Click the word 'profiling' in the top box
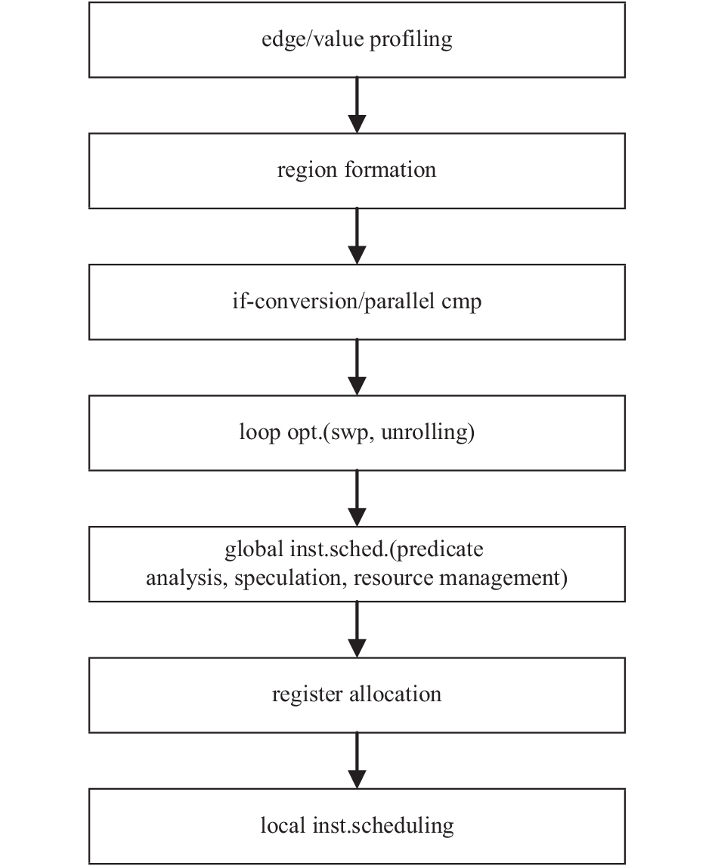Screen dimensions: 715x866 click(410, 40)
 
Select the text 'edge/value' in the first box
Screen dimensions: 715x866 click(313, 39)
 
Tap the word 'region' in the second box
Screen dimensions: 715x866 click(307, 171)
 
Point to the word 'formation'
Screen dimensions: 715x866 click(390, 169)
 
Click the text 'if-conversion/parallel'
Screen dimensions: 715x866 click(334, 302)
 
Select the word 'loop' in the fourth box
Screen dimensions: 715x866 click(260, 432)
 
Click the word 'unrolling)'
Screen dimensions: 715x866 click(428, 432)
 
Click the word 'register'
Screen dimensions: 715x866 click(307, 695)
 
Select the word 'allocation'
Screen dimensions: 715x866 click(395, 694)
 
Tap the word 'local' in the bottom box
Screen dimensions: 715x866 click(283, 826)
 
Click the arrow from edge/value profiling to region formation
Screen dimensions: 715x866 click(357, 105)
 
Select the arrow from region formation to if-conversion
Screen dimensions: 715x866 click(357, 236)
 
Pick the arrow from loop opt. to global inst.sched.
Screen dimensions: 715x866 click(357, 498)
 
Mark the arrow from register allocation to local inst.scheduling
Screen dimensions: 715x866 click(357, 760)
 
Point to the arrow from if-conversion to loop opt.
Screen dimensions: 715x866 click(357, 367)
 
